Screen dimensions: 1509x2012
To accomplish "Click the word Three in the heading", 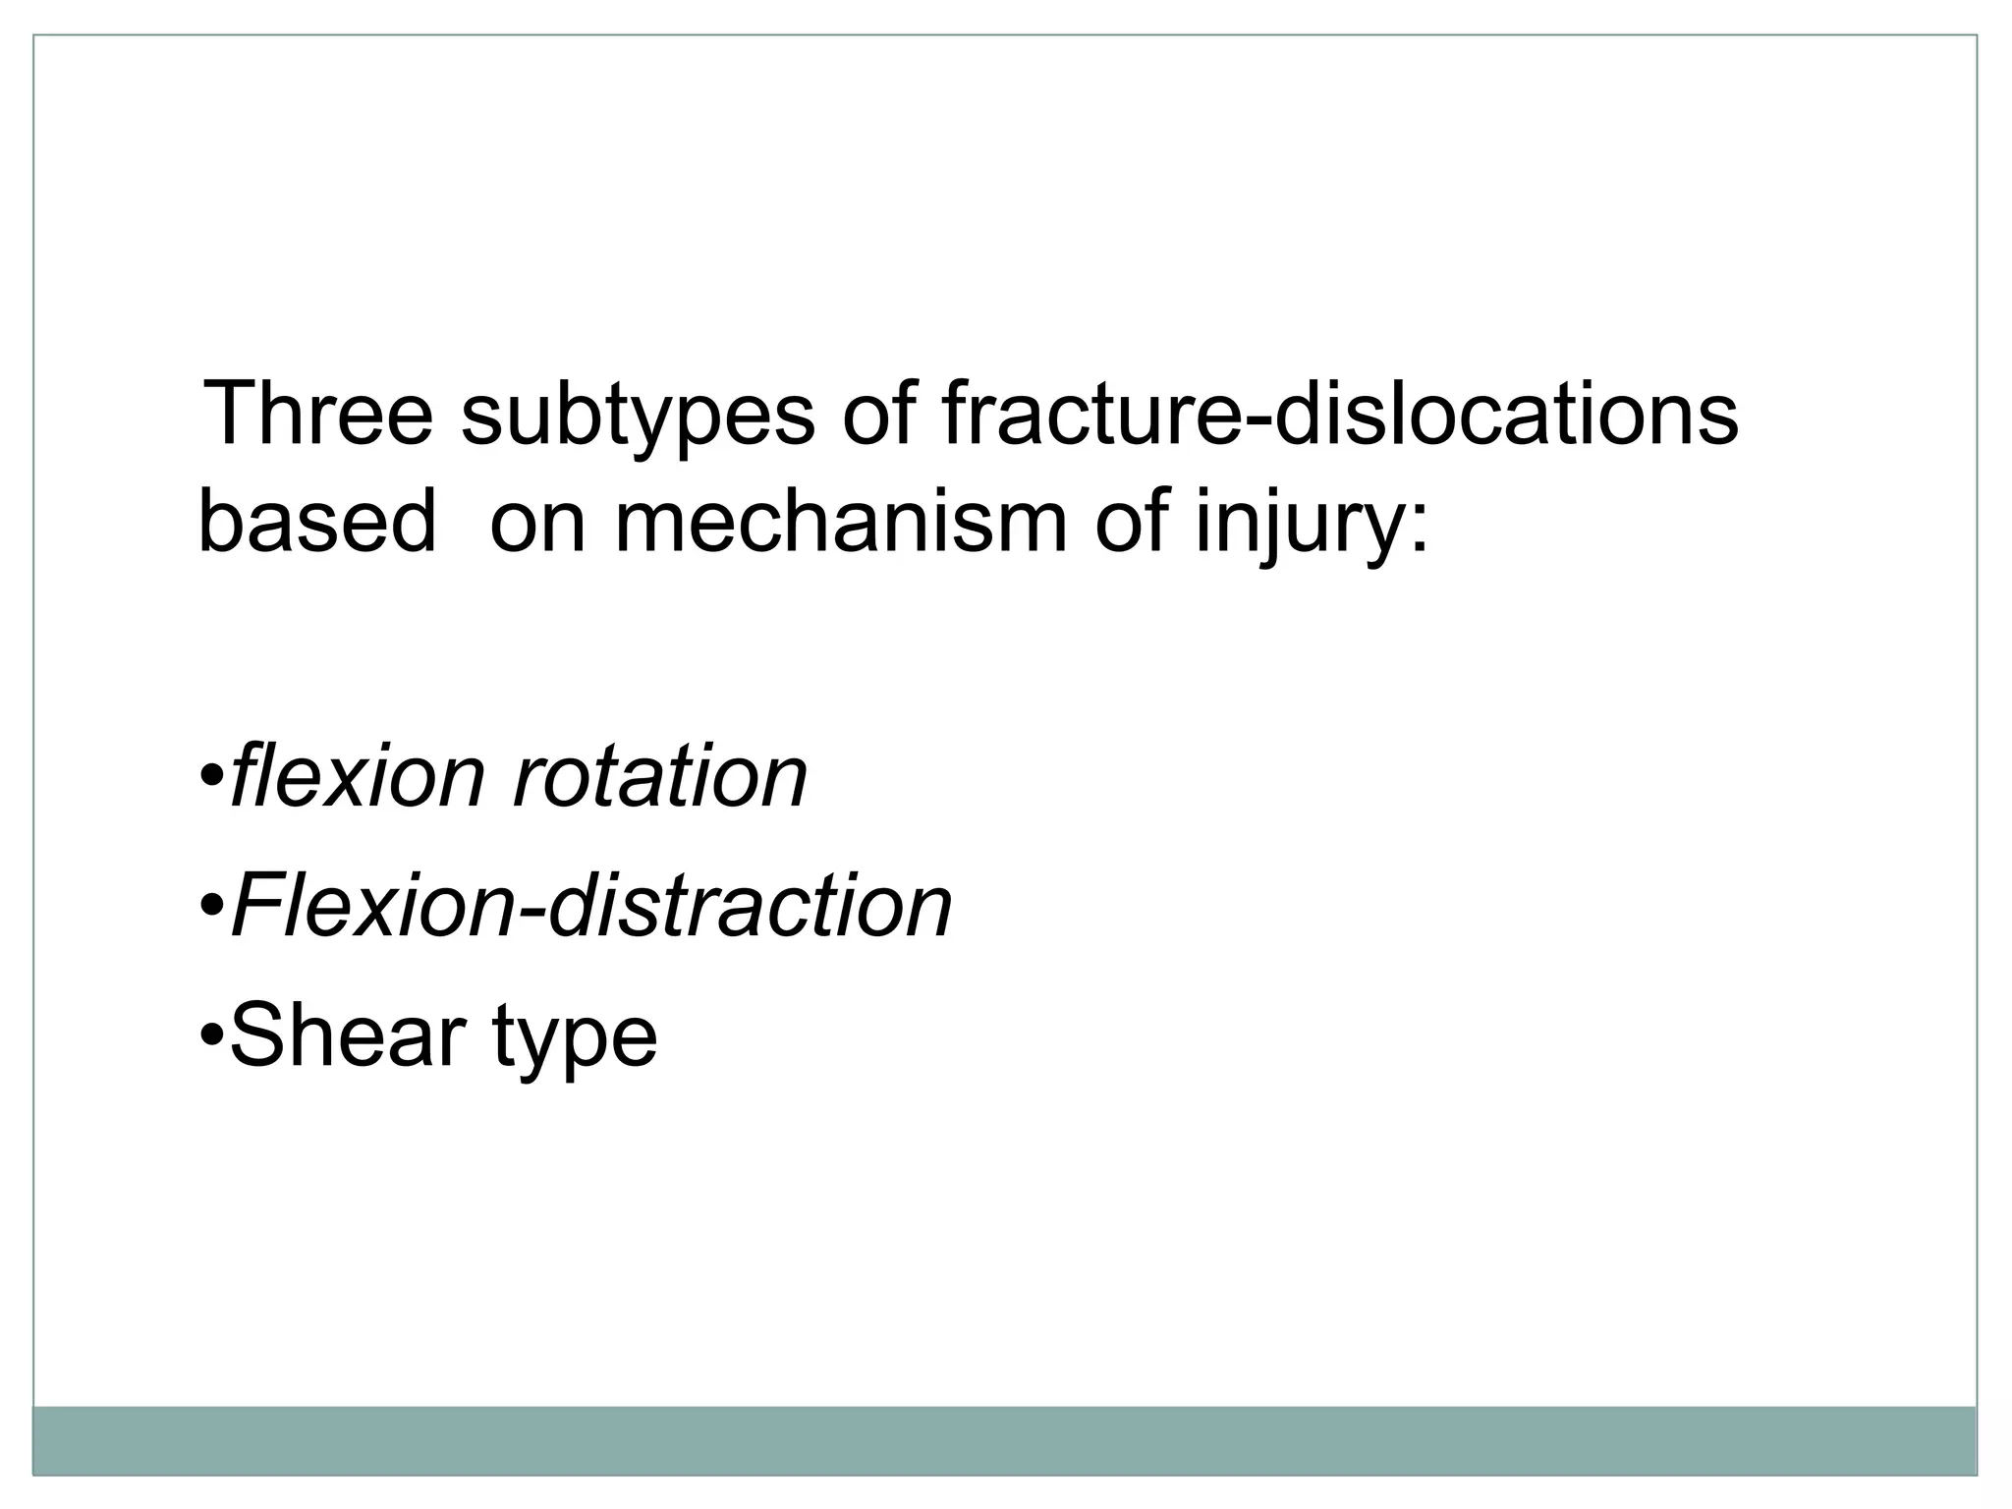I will click(316, 413).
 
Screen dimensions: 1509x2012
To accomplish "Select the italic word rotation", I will click(660, 776).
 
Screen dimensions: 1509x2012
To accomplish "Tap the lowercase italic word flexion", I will click(357, 776).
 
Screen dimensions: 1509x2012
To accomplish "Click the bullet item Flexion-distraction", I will click(590, 905).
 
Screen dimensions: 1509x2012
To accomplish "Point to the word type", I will click(575, 1041).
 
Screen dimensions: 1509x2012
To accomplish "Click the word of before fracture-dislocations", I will click(877, 413).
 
